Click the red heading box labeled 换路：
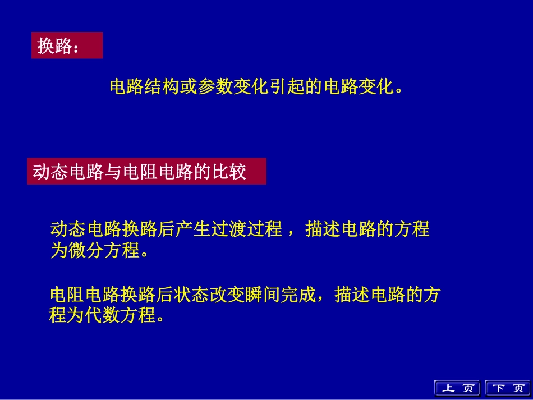pos(67,45)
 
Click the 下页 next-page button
pos(506,388)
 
